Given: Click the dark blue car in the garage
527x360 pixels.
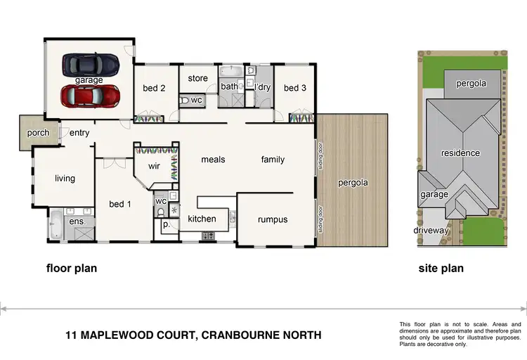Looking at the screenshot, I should [x=90, y=65].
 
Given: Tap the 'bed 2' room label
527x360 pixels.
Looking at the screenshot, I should [x=154, y=88].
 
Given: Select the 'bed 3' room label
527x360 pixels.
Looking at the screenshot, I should [x=294, y=88].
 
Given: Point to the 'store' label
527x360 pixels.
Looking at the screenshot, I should [x=198, y=78].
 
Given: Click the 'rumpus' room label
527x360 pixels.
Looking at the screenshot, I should [x=273, y=219].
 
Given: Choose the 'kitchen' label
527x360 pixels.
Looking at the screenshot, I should [x=202, y=219].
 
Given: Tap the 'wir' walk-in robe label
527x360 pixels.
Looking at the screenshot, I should [x=155, y=167].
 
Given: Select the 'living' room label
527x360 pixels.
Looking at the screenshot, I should [x=65, y=179].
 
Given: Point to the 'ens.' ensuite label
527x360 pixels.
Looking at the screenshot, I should [x=76, y=221].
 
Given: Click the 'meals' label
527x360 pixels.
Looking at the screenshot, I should [x=213, y=160].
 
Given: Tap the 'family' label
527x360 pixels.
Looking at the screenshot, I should [x=273, y=160].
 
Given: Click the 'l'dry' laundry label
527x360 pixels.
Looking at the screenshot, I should [x=262, y=87].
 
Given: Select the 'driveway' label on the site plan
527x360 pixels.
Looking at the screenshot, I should [x=431, y=230].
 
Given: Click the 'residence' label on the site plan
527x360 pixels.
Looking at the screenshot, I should [x=460, y=153].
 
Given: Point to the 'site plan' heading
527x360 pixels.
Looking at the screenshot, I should [x=441, y=268].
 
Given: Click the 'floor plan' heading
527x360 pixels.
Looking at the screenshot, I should [x=72, y=268].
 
